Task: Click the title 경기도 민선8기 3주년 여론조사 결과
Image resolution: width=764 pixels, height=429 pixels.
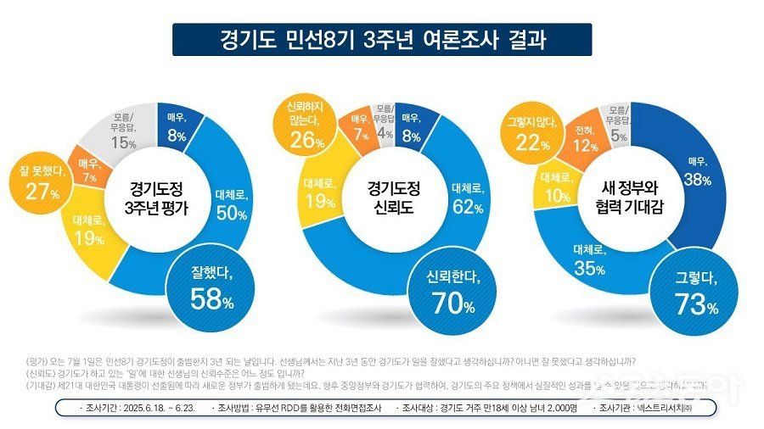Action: pyautogui.click(x=381, y=40)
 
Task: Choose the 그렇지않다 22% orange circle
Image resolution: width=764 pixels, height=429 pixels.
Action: pyautogui.click(x=531, y=136)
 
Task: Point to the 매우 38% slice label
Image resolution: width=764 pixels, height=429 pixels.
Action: pyautogui.click(x=699, y=170)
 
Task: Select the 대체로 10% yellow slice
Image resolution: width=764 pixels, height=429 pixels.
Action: pyautogui.click(x=554, y=187)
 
